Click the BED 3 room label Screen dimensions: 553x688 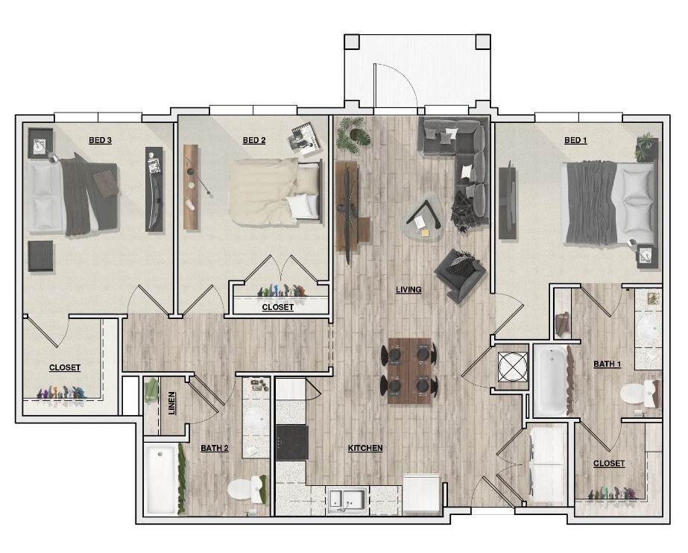[x=100, y=140]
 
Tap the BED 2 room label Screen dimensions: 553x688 [x=254, y=140]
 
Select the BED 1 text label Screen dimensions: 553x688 [x=575, y=140]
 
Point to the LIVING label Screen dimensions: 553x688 [x=408, y=290]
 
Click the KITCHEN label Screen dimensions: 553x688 [x=365, y=448]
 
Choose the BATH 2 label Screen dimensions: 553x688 [x=214, y=448]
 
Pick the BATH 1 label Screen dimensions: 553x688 [x=607, y=364]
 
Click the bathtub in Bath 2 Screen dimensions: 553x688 [x=161, y=478]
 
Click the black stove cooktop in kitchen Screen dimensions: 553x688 [x=291, y=443]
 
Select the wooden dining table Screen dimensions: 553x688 [x=409, y=370]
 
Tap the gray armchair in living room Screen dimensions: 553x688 [x=460, y=274]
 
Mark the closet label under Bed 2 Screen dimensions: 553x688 [x=277, y=307]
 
